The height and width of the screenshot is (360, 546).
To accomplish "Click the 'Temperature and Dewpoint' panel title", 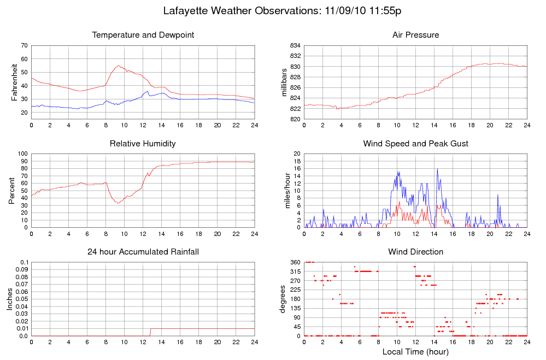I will [x=143, y=35].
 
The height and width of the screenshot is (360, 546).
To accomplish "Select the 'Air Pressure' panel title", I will [x=415, y=35].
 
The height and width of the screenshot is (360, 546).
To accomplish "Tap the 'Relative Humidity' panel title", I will [x=143, y=144].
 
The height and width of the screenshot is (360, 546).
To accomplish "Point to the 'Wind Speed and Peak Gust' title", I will [x=415, y=144].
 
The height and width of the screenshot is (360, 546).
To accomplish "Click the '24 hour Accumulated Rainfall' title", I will [x=143, y=252].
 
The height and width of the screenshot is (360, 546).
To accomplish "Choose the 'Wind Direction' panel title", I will [x=415, y=252].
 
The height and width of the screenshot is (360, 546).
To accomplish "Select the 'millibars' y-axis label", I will [x=284, y=82].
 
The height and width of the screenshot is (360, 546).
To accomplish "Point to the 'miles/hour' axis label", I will [x=284, y=191].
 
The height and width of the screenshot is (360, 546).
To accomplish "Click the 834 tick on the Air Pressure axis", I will [x=295, y=45].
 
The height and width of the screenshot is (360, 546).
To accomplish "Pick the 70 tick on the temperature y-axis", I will [x=24, y=45].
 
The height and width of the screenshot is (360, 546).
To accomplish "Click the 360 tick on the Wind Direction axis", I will [x=295, y=263].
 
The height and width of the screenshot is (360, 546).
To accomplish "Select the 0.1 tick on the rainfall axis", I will [x=24, y=263].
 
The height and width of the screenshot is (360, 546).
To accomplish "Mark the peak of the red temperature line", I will [x=119, y=66].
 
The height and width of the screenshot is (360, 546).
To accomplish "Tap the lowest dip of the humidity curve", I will [x=117, y=203].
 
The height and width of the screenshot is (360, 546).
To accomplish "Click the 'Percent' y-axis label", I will [x=12, y=191].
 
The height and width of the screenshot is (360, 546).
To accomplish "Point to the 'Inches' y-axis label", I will [x=10, y=299].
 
